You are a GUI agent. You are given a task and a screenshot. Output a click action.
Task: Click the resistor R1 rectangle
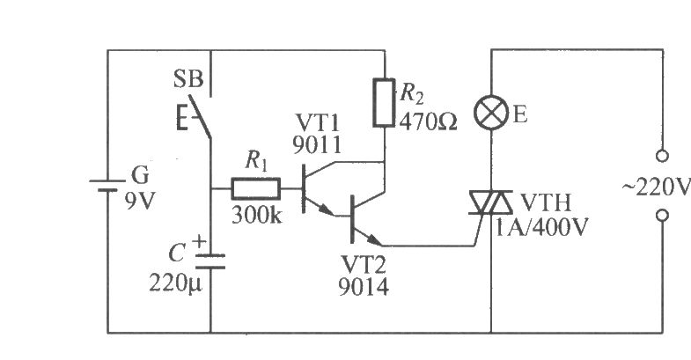[255, 189]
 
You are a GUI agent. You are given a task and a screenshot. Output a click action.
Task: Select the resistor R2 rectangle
[384, 103]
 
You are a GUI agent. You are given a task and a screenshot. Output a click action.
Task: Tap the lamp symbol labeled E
[491, 113]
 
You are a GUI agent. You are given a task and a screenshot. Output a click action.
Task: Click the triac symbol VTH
[490, 202]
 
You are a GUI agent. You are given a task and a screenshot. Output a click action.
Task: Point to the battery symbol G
[107, 186]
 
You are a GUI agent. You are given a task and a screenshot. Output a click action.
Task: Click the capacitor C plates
[210, 261]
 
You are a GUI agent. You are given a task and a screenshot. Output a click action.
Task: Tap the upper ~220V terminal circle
[662, 156]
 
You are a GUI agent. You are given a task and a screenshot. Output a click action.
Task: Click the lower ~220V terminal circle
[662, 216]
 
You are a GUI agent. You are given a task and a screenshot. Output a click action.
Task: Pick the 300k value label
[256, 215]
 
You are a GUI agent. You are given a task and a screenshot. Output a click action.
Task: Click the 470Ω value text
[428, 122]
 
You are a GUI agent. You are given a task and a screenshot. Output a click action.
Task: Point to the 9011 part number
[317, 145]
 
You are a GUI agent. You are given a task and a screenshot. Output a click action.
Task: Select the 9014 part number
[364, 287]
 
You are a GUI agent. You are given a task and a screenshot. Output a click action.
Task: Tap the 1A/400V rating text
[541, 227]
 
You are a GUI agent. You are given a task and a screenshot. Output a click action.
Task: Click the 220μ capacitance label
[175, 283]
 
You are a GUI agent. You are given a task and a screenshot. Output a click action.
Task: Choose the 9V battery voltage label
[140, 201]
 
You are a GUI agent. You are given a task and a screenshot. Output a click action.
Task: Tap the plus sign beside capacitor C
[200, 241]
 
